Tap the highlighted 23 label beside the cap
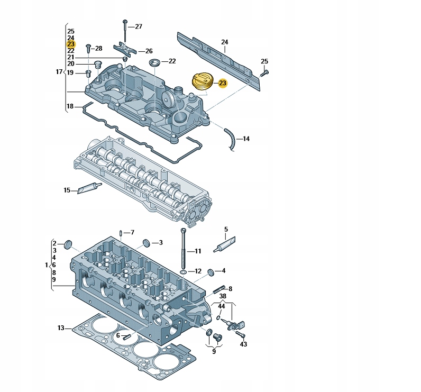pyautogui.click(x=222, y=84)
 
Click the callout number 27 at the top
pyautogui.click(x=138, y=26)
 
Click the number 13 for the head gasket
pyautogui.click(x=60, y=328)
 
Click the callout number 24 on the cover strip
pyautogui.click(x=224, y=42)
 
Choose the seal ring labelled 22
pyautogui.click(x=154, y=63)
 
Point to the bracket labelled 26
pyautogui.click(x=125, y=50)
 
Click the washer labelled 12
pyautogui.click(x=183, y=271)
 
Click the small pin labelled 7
pyautogui.click(x=122, y=233)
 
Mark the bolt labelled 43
pyautogui.click(x=241, y=334)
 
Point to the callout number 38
pyautogui.click(x=223, y=296)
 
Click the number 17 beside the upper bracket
pyautogui.click(x=59, y=71)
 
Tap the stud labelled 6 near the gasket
pyautogui.click(x=126, y=335)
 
